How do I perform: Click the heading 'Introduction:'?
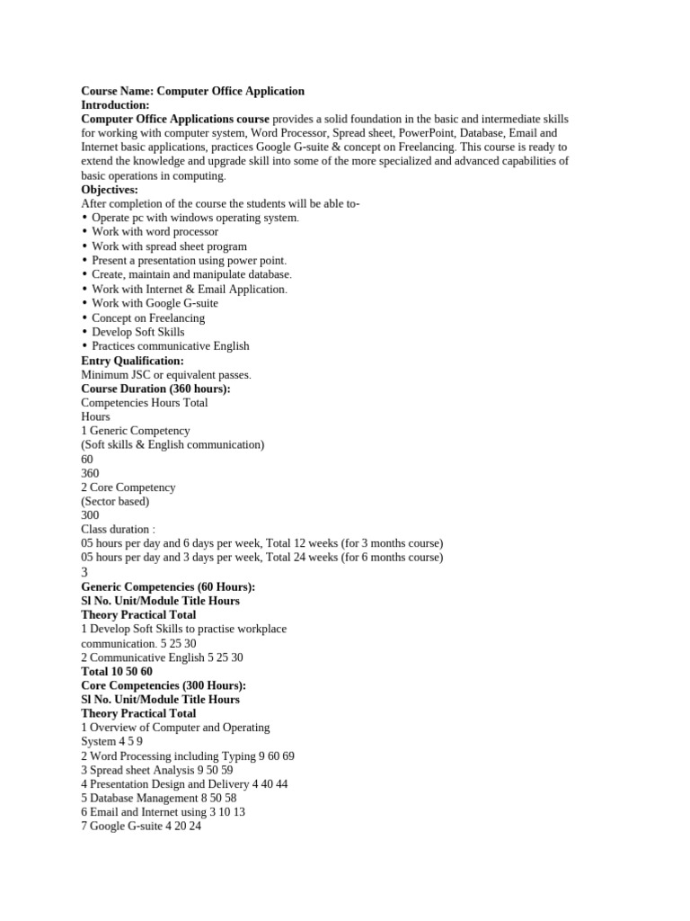pos(115,105)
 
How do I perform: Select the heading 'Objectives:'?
pos(110,190)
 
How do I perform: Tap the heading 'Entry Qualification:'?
pos(132,361)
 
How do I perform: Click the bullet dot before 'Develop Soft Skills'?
pos(84,332)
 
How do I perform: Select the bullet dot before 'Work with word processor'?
pos(84,232)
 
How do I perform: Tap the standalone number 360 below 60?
pos(90,473)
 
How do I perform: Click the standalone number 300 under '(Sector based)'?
pos(90,515)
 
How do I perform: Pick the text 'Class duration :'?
pos(118,530)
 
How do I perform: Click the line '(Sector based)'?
pos(115,501)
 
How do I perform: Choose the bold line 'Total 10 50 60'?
pos(117,671)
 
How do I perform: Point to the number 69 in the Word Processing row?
pos(287,756)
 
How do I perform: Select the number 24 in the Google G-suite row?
pos(195,827)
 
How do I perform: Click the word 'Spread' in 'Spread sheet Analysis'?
pos(108,770)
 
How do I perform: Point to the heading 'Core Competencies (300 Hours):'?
pos(164,685)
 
